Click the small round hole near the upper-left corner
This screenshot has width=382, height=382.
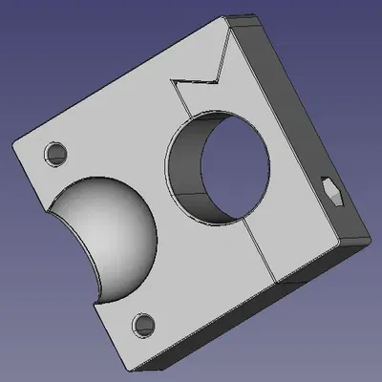coord(55,152)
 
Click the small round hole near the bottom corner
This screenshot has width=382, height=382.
coord(145,324)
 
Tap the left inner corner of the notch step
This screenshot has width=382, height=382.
coord(172,82)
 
